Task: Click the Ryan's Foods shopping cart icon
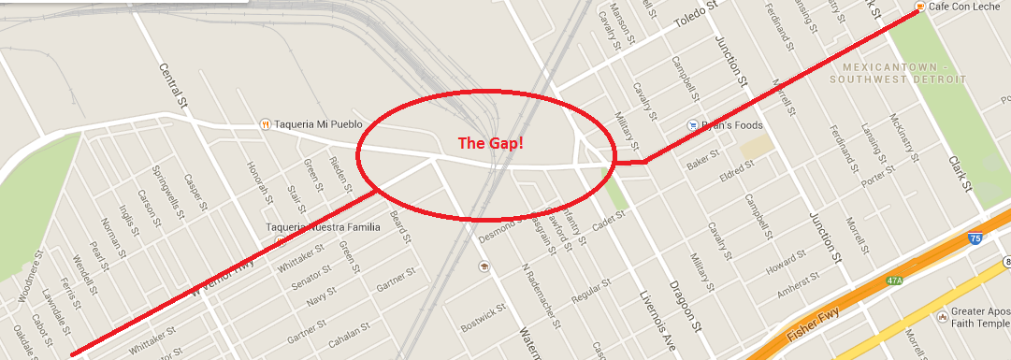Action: [692, 124]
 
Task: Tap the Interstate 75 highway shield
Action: [975, 239]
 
